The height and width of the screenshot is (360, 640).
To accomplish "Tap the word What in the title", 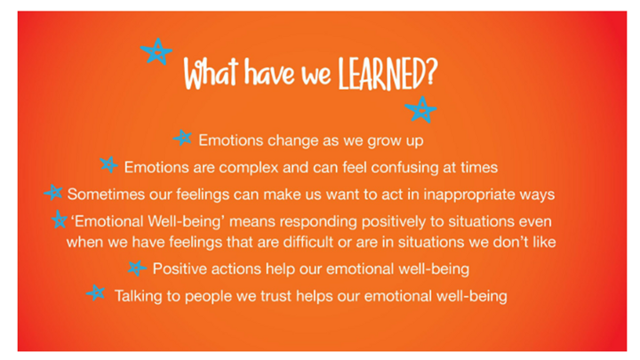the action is coord(211,74).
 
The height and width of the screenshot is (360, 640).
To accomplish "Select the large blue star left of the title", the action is coord(156,52).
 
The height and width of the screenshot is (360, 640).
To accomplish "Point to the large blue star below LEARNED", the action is coord(420,109).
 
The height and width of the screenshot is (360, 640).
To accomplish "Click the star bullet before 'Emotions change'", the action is coord(182,139).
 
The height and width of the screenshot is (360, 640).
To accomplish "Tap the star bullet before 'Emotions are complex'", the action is coord(109,165).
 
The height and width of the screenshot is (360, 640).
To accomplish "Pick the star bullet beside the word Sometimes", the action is coord(53,192).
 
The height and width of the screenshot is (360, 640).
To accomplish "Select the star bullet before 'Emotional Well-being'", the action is coord(60,220).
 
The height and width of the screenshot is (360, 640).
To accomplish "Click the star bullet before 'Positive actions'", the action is coord(137,268).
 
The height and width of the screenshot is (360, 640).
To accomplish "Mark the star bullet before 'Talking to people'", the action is coord(96,293).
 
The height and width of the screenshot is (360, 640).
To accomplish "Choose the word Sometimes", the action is coord(106,195).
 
